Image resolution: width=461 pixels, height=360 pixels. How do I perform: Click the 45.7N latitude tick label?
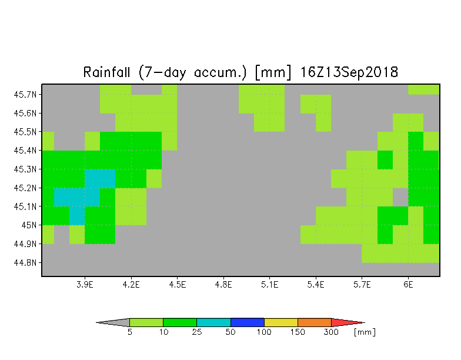[25, 94]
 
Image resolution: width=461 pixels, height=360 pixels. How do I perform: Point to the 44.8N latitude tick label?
[25, 262]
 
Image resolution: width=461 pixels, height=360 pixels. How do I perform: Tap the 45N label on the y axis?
[29, 225]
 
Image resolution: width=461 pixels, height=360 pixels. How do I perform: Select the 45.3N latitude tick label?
[25, 169]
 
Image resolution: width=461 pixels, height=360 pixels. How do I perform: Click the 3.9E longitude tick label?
[85, 285]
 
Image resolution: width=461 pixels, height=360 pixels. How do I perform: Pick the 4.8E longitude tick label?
[223, 285]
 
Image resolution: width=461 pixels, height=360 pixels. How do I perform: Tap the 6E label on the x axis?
[408, 285]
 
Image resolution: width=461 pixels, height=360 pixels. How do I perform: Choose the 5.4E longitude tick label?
[316, 285]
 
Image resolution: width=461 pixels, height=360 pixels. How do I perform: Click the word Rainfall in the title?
[106, 72]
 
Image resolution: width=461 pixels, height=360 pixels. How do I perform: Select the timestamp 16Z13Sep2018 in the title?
[349, 72]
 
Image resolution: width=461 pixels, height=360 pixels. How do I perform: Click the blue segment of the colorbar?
[247, 322]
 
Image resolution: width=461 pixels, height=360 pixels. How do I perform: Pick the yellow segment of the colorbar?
[281, 322]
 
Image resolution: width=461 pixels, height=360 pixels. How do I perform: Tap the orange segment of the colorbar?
[314, 322]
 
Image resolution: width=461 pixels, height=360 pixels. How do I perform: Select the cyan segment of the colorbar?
[213, 322]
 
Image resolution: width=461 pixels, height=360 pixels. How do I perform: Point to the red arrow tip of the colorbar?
[365, 322]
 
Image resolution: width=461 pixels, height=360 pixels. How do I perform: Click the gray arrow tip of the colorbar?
[96, 322]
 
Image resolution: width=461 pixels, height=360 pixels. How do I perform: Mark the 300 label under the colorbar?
[331, 332]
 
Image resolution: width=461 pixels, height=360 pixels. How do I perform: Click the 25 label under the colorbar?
[196, 332]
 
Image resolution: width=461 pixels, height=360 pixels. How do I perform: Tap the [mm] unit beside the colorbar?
[365, 332]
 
